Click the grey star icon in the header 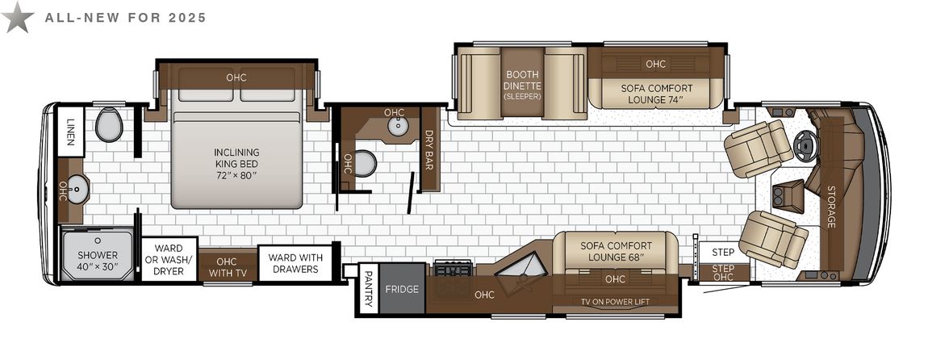[17, 17]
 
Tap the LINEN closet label [71, 132]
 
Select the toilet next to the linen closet [109, 124]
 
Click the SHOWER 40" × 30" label [98, 261]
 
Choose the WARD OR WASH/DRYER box [169, 259]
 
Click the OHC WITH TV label [227, 266]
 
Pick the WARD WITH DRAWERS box [295, 263]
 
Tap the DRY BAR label [429, 150]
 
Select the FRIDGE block [402, 289]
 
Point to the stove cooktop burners [454, 268]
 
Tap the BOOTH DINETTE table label [522, 84]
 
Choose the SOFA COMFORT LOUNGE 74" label [656, 94]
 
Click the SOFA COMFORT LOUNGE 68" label [616, 251]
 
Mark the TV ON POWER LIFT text [616, 302]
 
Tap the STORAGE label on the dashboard [831, 207]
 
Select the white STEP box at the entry [723, 252]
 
